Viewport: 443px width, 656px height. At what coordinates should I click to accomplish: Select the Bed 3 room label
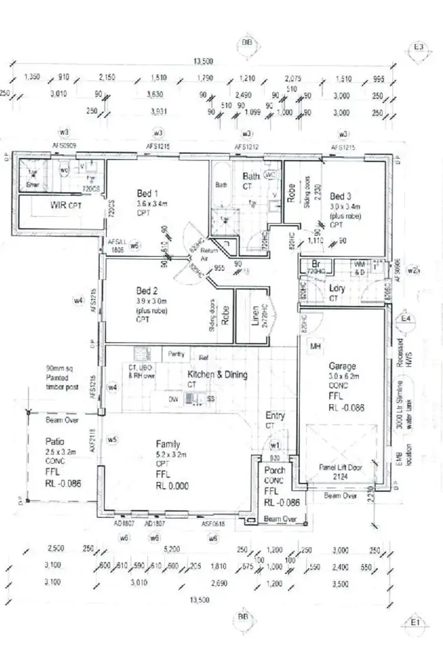point(340,196)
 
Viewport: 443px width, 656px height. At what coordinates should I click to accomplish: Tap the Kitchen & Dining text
point(217,374)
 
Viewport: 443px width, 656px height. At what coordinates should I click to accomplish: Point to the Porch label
point(275,471)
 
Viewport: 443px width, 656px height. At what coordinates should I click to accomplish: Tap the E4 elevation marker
point(406,319)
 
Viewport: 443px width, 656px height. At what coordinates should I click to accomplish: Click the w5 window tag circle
point(112,439)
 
